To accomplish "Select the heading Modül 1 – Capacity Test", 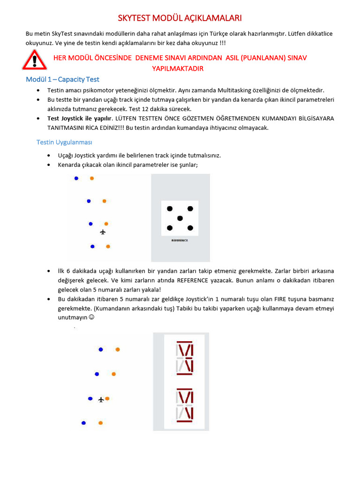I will coord(62,79).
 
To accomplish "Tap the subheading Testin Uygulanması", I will coord(67,142).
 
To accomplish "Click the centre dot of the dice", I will coord(180,218).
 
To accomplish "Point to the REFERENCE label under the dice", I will coord(180,240).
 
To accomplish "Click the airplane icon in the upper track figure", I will coord(103,232).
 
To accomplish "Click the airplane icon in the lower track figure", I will coord(101,399).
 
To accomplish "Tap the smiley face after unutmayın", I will coord(91,317).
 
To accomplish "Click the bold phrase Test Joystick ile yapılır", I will coord(80,118).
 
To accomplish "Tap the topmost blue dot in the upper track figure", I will coord(76,178).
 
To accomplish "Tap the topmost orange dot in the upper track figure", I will coord(92,178).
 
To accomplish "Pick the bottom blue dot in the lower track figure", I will coord(83,423).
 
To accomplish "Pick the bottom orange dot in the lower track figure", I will coord(100,423).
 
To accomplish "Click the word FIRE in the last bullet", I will coord(283,299).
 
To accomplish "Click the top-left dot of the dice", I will coord(170,209).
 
